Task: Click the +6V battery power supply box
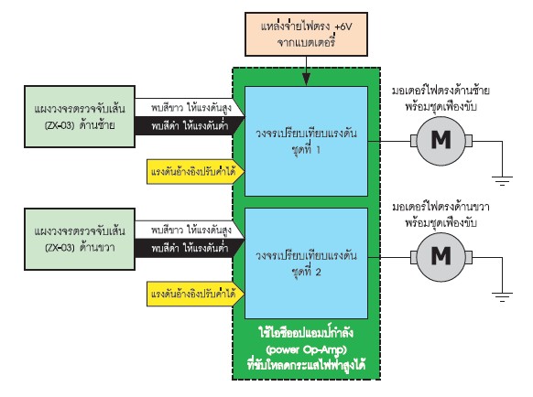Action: point(306,34)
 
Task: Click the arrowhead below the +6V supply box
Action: point(306,80)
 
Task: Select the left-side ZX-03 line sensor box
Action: point(80,116)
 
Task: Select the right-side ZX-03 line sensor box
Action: point(80,239)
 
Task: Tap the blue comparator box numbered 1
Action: point(306,141)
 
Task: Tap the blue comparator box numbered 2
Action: point(306,263)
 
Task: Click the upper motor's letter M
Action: point(441,140)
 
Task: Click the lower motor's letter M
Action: point(441,256)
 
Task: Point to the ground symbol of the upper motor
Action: point(502,181)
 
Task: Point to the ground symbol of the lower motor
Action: point(502,296)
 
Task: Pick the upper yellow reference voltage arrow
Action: point(195,171)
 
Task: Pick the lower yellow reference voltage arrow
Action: point(195,294)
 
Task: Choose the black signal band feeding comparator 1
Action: point(190,126)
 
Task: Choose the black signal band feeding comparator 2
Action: point(190,248)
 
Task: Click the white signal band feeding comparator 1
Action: point(190,108)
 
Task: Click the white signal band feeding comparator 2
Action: point(190,230)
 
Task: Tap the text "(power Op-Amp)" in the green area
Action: point(306,349)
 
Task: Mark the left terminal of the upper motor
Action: point(414,141)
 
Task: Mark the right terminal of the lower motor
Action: point(468,257)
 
